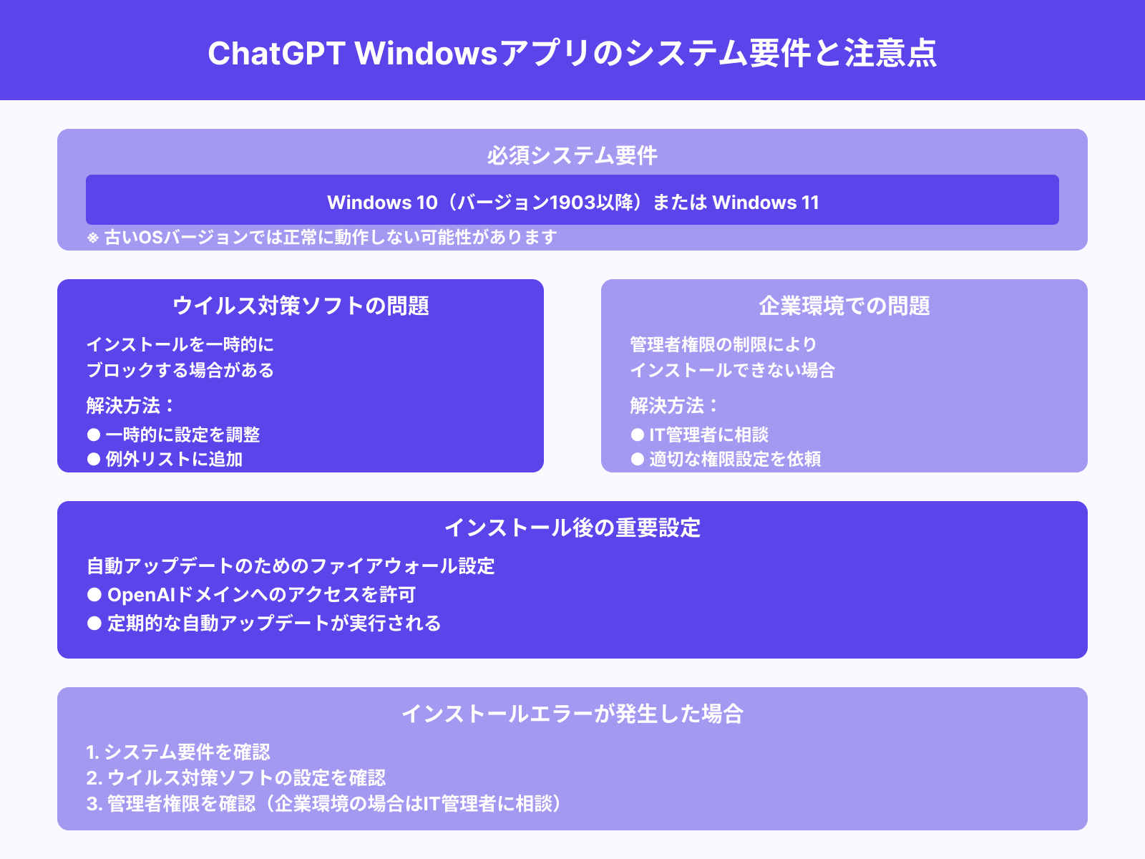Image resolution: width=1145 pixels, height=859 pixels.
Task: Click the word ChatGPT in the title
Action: pos(276,54)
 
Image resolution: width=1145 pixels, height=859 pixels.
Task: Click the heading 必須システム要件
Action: pos(572,155)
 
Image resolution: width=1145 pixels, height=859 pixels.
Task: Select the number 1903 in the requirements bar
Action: pos(573,203)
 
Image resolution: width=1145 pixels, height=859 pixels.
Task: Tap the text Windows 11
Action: pos(765,203)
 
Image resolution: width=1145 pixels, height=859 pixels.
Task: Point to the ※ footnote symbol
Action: pos(92,238)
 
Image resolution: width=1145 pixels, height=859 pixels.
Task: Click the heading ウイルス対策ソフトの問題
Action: pos(301,306)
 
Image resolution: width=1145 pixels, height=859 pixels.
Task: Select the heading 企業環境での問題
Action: pos(844,306)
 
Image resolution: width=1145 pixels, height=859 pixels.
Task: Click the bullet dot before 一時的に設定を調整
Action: pos(94,435)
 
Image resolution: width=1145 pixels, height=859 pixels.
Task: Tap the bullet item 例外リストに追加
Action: pos(174,459)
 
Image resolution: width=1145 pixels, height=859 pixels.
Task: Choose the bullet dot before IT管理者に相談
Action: pos(638,435)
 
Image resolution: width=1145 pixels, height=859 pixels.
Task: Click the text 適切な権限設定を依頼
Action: pos(735,459)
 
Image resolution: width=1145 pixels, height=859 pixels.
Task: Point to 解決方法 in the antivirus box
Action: pos(123,406)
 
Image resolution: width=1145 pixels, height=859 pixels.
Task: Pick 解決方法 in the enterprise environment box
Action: pos(667,406)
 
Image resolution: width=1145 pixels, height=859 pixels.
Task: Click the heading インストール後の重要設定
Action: pos(572,528)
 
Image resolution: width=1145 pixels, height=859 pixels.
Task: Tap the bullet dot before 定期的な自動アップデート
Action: pos(94,623)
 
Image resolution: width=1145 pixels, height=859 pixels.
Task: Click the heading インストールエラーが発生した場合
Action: pos(572,714)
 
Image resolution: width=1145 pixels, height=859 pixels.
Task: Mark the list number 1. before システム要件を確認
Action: pos(92,752)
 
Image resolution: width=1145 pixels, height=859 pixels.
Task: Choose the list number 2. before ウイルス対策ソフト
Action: pos(94,778)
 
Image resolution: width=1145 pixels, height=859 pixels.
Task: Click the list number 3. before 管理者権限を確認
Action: pos(94,804)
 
